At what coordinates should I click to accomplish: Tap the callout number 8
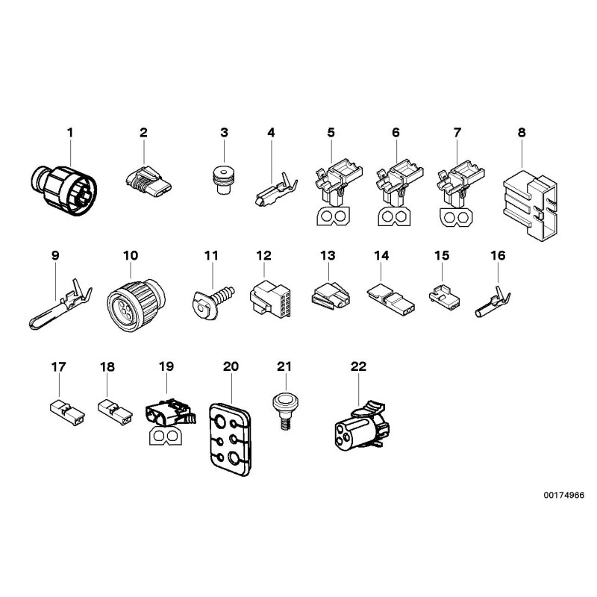pos(521,133)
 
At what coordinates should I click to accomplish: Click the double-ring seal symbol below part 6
pos(395,217)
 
